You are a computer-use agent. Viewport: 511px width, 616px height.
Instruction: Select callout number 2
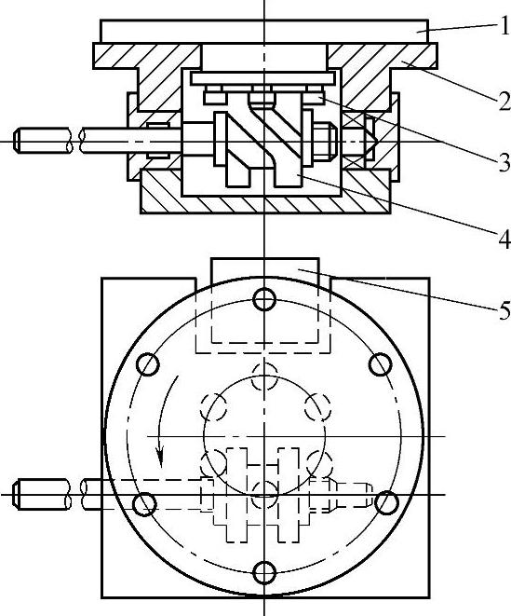coord(504,100)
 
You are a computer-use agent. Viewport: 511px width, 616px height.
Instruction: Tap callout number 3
coord(504,162)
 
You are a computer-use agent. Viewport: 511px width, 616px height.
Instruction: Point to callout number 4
coord(504,239)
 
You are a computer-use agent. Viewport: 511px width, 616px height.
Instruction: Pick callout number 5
coord(504,310)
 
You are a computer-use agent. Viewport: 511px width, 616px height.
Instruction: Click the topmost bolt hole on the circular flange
coord(264,299)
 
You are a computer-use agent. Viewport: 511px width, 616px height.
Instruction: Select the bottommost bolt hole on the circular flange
coord(264,572)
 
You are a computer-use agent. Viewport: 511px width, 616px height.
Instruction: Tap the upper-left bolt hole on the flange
coord(148,364)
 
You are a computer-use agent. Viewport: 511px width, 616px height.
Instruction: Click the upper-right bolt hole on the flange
coord(381,364)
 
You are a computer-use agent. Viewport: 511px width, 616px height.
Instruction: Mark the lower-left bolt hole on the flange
coord(144,504)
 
